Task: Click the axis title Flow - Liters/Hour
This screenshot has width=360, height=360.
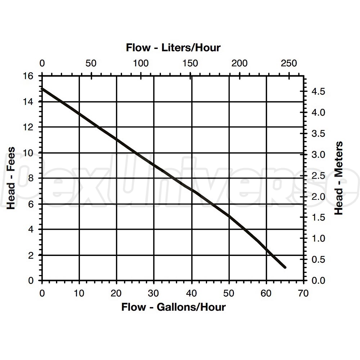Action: [x=173, y=48]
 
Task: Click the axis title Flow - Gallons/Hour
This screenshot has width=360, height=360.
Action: [x=173, y=307]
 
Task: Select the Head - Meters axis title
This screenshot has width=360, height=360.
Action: [x=339, y=178]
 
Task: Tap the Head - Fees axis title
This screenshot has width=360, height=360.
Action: [x=12, y=178]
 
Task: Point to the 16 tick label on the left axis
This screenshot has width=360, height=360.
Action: [x=29, y=76]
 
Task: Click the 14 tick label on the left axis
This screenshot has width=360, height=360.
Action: [x=29, y=102]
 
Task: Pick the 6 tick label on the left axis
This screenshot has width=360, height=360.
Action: [x=31, y=204]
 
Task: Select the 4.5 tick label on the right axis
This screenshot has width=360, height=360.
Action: [x=318, y=91]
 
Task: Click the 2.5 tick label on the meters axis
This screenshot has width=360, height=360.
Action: [x=318, y=176]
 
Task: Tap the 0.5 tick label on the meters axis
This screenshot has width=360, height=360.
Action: [x=318, y=260]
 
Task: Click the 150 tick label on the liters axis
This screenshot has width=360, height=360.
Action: [x=190, y=63]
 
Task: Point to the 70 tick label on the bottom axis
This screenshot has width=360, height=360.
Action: [x=303, y=293]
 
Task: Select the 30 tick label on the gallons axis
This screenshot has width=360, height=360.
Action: [x=154, y=293]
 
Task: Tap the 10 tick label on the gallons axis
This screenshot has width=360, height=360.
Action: [x=79, y=293]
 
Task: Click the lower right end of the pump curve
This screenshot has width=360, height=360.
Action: [x=285, y=267]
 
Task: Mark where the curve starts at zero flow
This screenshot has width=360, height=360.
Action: [x=42, y=89]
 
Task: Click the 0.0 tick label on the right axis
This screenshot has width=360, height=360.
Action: [x=318, y=280]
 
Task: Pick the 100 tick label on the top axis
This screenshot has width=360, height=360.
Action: [x=141, y=63]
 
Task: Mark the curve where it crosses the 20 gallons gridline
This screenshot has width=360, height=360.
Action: [x=117, y=139]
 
